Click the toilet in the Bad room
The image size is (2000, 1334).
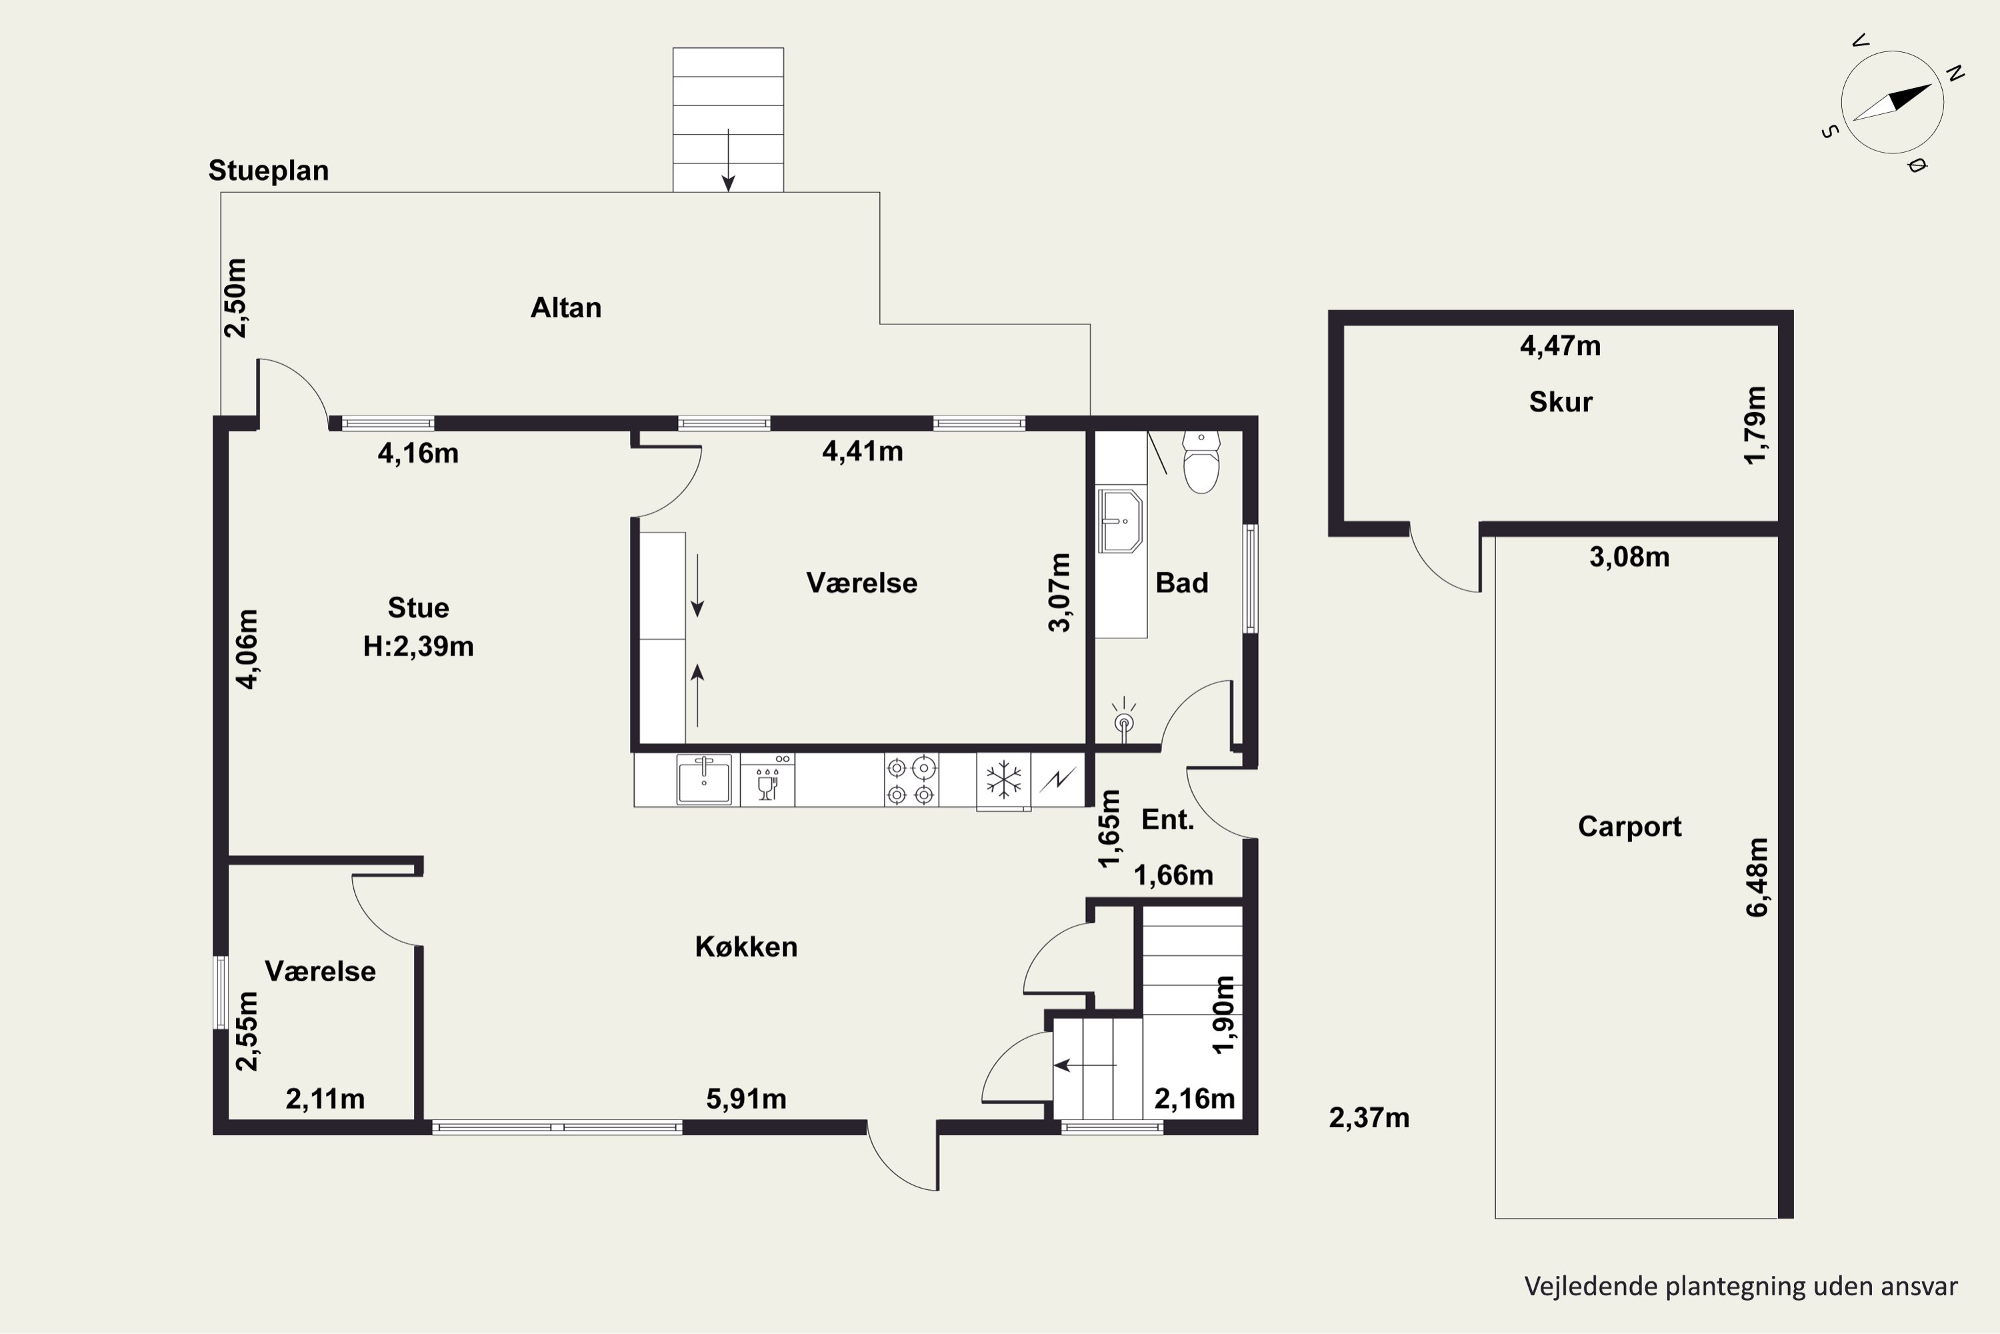(1201, 462)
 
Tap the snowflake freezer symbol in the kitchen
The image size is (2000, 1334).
(1003, 779)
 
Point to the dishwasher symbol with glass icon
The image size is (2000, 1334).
(768, 779)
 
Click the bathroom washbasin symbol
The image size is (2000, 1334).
(1120, 521)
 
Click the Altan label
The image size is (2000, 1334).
(565, 307)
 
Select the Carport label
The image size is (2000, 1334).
(1629, 826)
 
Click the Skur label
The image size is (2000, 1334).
(1561, 402)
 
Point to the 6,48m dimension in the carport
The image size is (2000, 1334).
(1757, 877)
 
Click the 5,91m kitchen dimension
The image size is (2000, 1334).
(746, 1099)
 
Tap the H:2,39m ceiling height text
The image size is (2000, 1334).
(419, 646)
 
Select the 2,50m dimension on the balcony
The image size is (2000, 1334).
(235, 297)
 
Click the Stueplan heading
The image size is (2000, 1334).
(269, 171)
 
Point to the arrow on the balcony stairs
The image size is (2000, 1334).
(728, 160)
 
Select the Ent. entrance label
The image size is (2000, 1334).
(1167, 819)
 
